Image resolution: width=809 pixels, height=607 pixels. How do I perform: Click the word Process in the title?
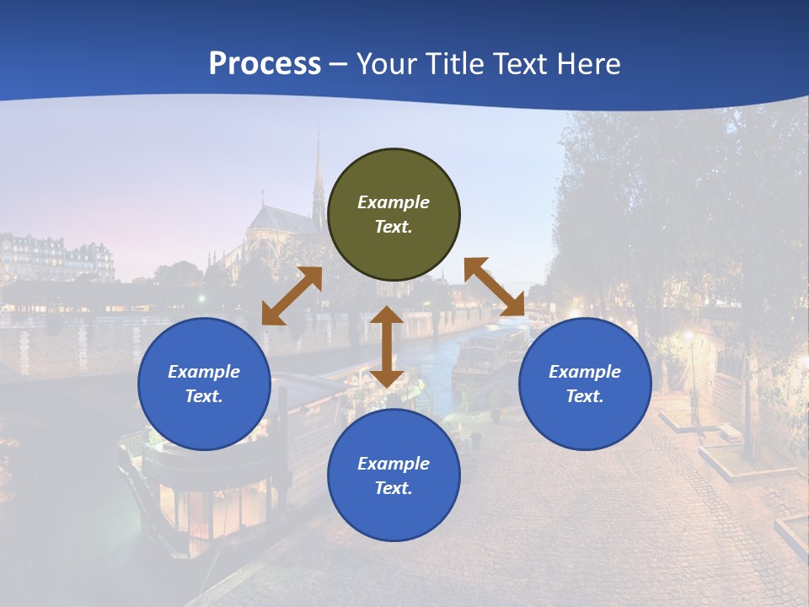click(x=265, y=63)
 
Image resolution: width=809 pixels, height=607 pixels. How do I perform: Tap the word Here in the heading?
click(x=587, y=63)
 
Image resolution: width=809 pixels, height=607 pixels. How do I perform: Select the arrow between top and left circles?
click(x=292, y=296)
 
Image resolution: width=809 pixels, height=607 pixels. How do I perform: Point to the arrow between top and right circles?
click(x=495, y=287)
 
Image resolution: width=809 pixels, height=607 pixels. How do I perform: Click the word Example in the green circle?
click(x=394, y=202)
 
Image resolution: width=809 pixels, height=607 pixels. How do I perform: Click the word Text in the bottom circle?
click(x=394, y=488)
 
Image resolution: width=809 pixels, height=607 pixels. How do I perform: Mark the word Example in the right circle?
click(x=585, y=372)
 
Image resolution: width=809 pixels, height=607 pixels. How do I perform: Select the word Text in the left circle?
click(x=204, y=396)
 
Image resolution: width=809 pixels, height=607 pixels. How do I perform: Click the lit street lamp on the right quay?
click(x=688, y=337)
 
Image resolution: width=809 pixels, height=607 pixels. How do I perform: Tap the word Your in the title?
click(x=387, y=63)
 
